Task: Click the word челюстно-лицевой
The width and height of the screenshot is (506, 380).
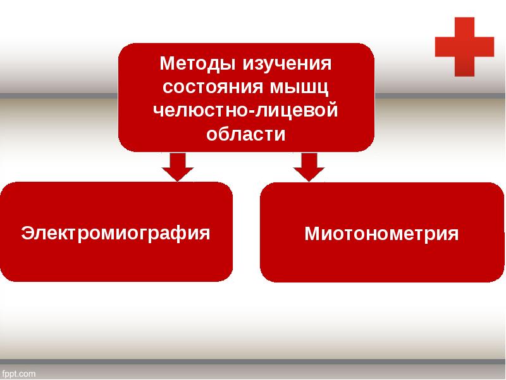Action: coord(247,111)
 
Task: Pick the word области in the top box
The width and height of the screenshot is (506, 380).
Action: coord(247,134)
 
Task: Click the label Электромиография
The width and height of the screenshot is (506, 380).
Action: coord(116,232)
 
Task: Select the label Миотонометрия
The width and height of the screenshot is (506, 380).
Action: coord(382,234)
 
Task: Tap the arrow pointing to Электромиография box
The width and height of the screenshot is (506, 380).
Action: coord(178,166)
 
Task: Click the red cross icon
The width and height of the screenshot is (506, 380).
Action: coord(464,46)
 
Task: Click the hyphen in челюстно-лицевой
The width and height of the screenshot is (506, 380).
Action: coord(252,112)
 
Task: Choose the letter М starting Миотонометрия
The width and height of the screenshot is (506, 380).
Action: coord(312,234)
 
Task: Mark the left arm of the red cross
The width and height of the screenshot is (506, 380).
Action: coord(445,46)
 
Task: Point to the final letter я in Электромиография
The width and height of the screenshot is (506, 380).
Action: coord(204,232)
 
